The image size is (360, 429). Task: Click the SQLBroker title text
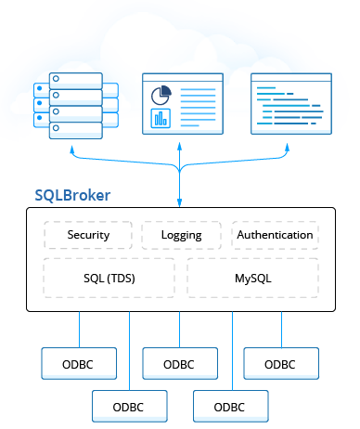coord(72,196)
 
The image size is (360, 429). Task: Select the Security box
coord(88,235)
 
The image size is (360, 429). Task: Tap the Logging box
coord(181,235)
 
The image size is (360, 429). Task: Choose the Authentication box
coord(275,235)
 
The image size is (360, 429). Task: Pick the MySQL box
coord(252,278)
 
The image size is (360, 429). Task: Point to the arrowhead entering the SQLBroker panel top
coord(180,203)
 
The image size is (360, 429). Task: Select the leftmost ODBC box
coord(79,364)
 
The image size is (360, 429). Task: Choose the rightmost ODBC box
coord(280,364)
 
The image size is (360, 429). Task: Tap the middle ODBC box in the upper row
coord(179,364)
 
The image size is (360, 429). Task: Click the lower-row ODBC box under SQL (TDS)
coord(129,407)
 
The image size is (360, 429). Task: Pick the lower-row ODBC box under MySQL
coord(230,407)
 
